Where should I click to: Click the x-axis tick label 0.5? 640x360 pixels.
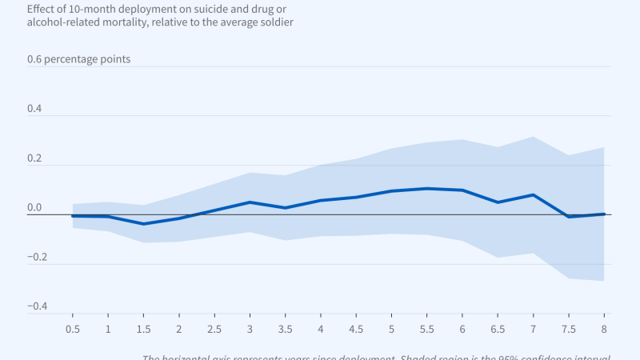(72, 329)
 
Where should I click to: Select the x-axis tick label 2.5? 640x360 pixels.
(214, 329)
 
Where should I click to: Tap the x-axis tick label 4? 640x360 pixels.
(320, 329)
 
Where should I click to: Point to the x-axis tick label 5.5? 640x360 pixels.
(426, 329)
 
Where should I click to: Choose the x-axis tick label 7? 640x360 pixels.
(533, 329)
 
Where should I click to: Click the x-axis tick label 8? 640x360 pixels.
(603, 329)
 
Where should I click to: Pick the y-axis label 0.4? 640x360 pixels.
(34, 109)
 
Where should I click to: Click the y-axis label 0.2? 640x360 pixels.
(34, 158)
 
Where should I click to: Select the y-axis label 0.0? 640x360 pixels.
(34, 208)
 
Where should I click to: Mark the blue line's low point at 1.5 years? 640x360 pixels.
(143, 224)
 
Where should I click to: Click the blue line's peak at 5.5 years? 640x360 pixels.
(426, 189)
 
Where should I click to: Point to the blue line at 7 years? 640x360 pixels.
(533, 194)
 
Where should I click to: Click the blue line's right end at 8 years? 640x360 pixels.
(603, 214)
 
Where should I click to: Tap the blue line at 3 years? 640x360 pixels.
(250, 202)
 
